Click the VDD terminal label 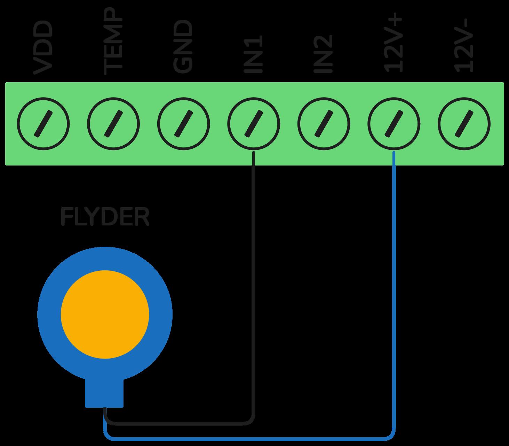point(43,48)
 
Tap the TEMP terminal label point(113,42)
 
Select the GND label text point(183,47)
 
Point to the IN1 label point(253,54)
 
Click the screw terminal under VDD point(43,124)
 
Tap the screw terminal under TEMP point(113,124)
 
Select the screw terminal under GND point(183,124)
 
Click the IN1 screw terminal point(254,124)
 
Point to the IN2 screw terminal point(324,124)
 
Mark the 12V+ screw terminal point(394,124)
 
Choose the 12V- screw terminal point(464,124)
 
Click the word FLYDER point(105,217)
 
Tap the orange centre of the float point(105,314)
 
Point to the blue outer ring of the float point(49,314)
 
